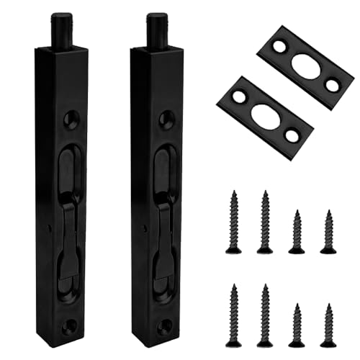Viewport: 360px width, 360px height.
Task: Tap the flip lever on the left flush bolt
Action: click(x=69, y=238)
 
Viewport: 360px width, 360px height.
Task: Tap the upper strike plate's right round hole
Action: click(x=330, y=86)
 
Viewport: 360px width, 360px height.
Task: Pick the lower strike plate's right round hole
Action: click(x=292, y=135)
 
